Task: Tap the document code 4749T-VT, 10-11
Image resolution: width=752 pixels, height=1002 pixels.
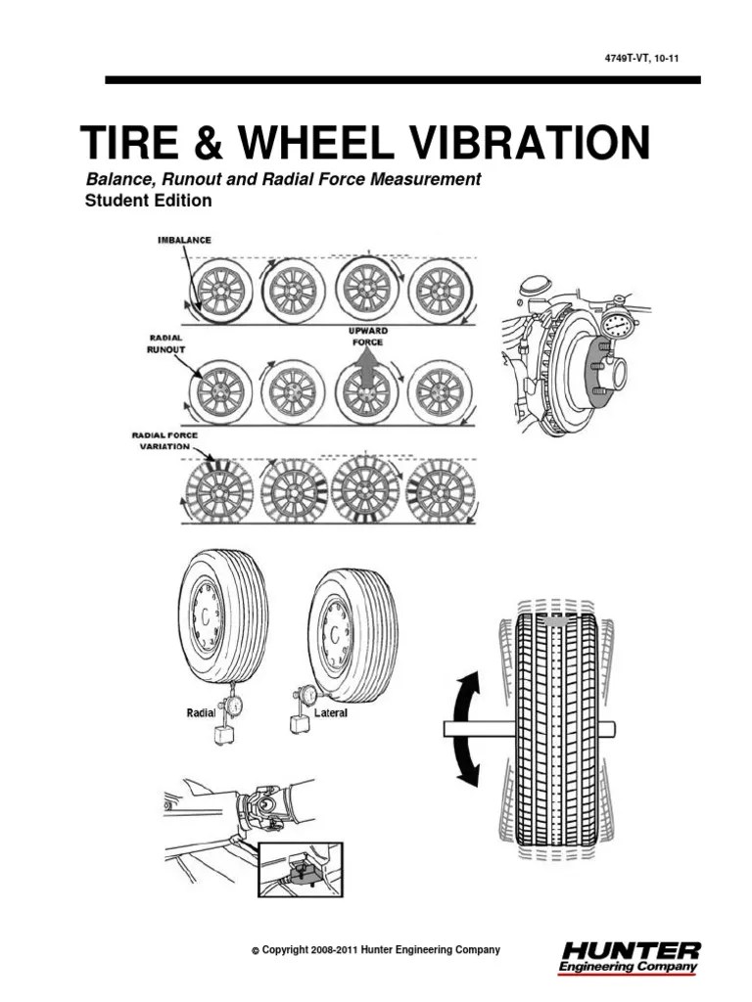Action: click(641, 59)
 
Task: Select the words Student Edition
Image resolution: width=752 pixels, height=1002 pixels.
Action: click(149, 201)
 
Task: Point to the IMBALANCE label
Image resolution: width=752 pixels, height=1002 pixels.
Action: click(184, 240)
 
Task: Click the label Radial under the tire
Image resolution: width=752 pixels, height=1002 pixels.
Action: click(202, 713)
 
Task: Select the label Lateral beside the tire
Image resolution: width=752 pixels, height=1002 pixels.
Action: click(331, 713)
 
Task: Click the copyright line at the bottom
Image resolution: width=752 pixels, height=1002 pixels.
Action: click(376, 949)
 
